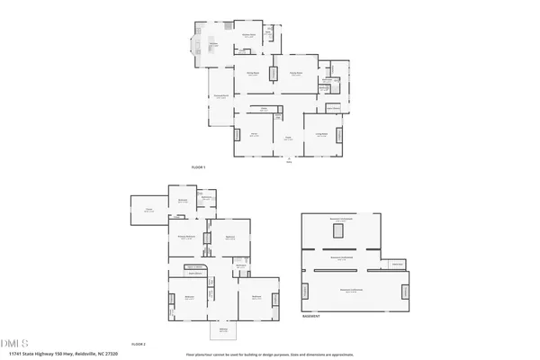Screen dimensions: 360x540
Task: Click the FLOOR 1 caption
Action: tap(199, 168)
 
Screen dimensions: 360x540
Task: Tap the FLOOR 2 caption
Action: tap(139, 345)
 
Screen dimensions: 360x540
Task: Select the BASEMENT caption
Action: tap(311, 317)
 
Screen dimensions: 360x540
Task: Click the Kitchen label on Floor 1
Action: tap(214, 43)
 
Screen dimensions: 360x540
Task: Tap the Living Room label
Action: tap(320, 135)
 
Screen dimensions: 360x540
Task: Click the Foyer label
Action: tap(288, 139)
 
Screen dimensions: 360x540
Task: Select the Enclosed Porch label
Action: tap(220, 97)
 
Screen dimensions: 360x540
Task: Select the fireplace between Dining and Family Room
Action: tap(274, 72)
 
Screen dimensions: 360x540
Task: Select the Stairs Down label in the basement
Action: tap(397, 265)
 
